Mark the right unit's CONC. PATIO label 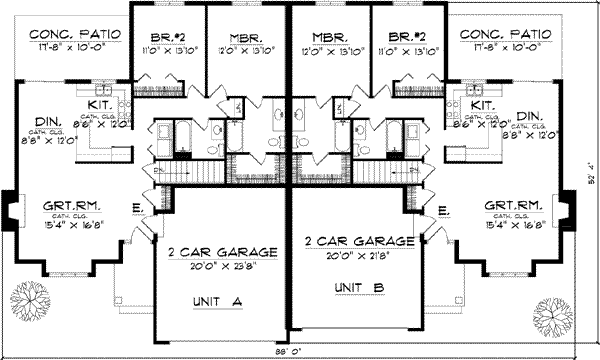click(502, 33)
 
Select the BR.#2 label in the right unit click(406, 33)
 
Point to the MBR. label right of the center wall click(328, 33)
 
